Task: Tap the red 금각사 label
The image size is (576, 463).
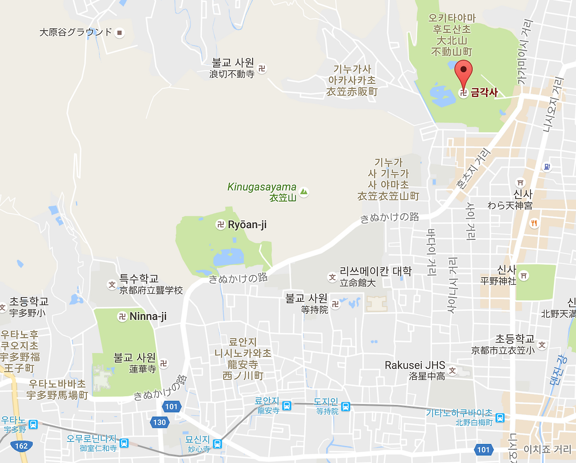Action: click(484, 93)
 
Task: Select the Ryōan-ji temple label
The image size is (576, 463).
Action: click(247, 225)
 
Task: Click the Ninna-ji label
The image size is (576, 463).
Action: click(148, 317)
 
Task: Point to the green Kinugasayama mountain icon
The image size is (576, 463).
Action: click(304, 192)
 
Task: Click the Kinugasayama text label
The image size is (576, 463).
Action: click(262, 187)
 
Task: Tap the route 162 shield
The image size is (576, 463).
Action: click(21, 446)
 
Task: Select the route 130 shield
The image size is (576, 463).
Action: click(159, 422)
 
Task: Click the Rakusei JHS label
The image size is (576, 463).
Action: click(415, 365)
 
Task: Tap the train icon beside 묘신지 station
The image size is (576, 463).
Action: click(217, 444)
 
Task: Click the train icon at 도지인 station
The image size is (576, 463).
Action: click(346, 407)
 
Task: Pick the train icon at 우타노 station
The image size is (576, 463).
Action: click(33, 424)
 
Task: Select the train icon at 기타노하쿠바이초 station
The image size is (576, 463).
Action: click(500, 418)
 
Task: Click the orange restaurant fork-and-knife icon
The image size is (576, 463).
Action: click(534, 223)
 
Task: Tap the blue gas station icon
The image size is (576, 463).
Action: click(547, 167)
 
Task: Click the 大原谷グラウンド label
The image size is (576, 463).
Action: click(76, 32)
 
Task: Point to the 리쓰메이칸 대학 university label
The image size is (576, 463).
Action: click(376, 271)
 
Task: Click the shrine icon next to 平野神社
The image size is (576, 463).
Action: click(524, 275)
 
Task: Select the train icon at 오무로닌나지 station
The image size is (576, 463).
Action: click(124, 443)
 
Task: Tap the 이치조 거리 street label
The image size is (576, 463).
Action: click(547, 450)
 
